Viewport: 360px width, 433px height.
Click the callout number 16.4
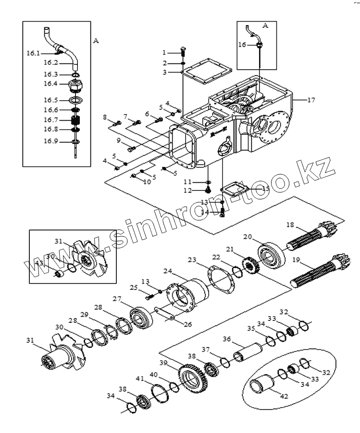pos(50,83)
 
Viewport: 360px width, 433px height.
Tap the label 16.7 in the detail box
pos(50,119)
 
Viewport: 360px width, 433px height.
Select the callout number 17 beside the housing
pos(311,100)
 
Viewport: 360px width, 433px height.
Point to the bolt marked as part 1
pos(183,51)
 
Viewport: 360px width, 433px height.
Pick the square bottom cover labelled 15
pos(233,190)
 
